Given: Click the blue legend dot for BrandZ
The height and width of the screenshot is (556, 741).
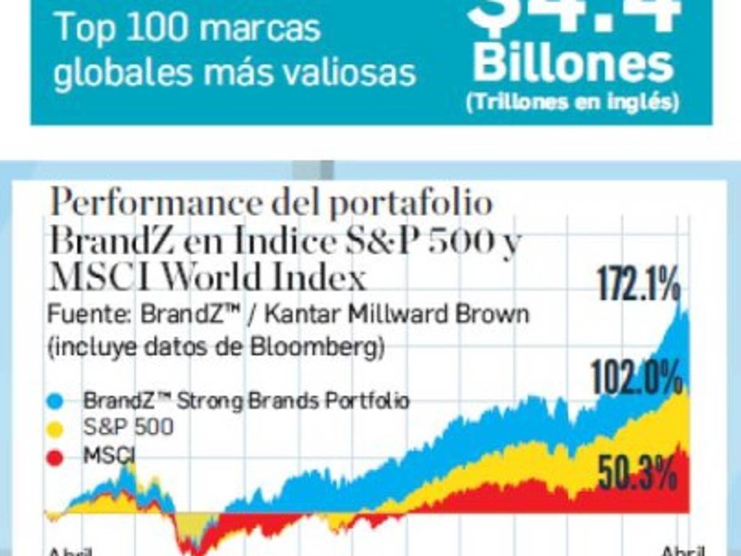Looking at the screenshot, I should (x=55, y=402).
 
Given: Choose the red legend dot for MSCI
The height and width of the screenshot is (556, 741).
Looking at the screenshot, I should (x=55, y=458).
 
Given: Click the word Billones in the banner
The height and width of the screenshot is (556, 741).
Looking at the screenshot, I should (x=573, y=65).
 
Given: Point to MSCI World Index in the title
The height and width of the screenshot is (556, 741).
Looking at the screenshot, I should (x=207, y=278).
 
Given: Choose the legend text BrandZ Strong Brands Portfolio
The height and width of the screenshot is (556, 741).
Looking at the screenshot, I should (x=246, y=401).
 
